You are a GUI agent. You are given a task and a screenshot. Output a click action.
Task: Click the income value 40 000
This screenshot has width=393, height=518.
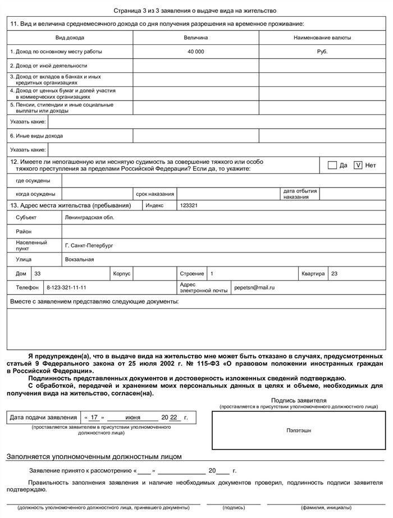[x=195, y=52]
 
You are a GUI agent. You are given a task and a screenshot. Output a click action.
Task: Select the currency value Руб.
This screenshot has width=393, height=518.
[x=322, y=52]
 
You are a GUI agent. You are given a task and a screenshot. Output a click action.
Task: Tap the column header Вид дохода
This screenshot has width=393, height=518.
[x=70, y=38]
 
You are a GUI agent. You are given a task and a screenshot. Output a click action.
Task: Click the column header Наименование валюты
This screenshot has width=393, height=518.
[x=322, y=38]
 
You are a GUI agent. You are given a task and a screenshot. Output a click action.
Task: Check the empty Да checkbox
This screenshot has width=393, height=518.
[x=332, y=165]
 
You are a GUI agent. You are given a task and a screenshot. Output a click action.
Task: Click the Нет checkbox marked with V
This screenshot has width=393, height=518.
[x=358, y=165]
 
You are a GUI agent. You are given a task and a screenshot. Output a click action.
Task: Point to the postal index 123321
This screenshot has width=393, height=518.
[x=189, y=205]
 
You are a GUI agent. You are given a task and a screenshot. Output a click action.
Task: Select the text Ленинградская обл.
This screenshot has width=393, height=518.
[x=89, y=217]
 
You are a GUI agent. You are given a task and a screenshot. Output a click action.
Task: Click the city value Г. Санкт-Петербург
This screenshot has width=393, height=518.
[x=89, y=245]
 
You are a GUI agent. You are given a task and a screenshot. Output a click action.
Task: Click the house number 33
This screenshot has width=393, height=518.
[x=38, y=273]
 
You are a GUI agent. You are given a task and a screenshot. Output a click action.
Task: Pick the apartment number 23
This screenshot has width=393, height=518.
[x=335, y=273]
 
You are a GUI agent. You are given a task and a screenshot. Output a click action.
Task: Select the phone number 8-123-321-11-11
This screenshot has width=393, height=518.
[x=66, y=287]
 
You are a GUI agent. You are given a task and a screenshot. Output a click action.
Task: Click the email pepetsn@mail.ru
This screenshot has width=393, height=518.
[x=254, y=287]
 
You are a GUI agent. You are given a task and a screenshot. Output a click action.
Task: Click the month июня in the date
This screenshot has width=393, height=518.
[x=132, y=418]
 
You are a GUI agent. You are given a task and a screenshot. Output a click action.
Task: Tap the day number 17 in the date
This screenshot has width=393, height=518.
[x=94, y=418]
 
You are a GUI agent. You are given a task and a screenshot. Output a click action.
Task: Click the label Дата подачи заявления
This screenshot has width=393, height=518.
[x=43, y=418]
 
